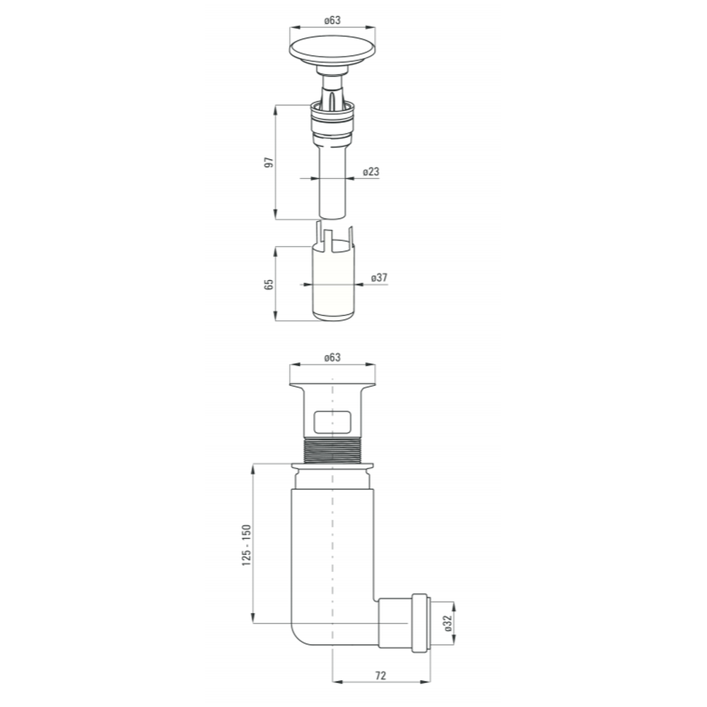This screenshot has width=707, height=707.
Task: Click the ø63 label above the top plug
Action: click(x=332, y=21)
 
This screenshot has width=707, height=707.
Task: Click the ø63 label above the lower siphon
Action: click(x=332, y=358)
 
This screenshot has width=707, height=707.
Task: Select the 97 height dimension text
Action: click(x=269, y=163)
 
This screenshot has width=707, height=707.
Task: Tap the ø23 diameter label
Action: click(x=371, y=172)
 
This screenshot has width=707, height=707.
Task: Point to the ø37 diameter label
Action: click(x=379, y=278)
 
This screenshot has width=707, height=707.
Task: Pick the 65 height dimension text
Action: click(x=269, y=284)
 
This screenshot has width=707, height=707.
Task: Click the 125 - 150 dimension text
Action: click(x=246, y=545)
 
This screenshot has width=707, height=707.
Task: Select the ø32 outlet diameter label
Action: click(x=448, y=623)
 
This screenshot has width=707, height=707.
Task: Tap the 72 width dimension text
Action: click(x=380, y=675)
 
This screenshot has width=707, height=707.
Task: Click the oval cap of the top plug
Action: click(x=332, y=48)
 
